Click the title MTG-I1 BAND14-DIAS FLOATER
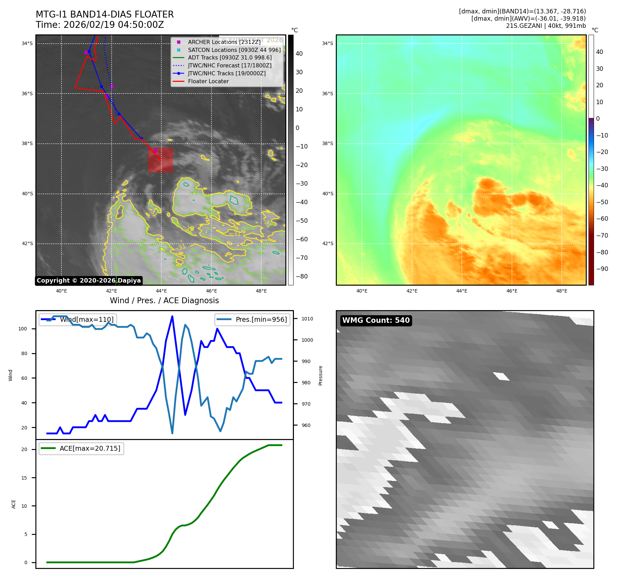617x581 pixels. coord(105,14)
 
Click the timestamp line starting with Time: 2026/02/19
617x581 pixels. coord(100,25)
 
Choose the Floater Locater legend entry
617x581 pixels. coord(208,81)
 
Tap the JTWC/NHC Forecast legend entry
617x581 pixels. coord(229,65)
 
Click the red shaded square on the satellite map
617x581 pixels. coord(160,160)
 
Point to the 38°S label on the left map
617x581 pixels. coord(27,144)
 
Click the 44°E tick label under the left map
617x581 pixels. coord(161,291)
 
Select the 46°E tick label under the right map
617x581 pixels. coord(512,291)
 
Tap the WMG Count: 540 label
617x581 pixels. coord(376,320)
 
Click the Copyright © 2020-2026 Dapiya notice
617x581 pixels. coord(89,281)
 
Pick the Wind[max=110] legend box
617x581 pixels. coord(78,319)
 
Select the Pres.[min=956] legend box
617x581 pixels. coord(252,319)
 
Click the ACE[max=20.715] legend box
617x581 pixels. coord(81,448)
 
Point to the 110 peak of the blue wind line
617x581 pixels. coord(172,316)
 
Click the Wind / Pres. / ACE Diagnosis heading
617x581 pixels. coord(164,300)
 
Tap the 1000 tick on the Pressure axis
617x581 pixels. coord(307,340)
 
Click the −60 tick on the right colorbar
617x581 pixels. coord(602,219)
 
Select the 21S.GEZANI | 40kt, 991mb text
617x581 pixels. coord(546,26)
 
